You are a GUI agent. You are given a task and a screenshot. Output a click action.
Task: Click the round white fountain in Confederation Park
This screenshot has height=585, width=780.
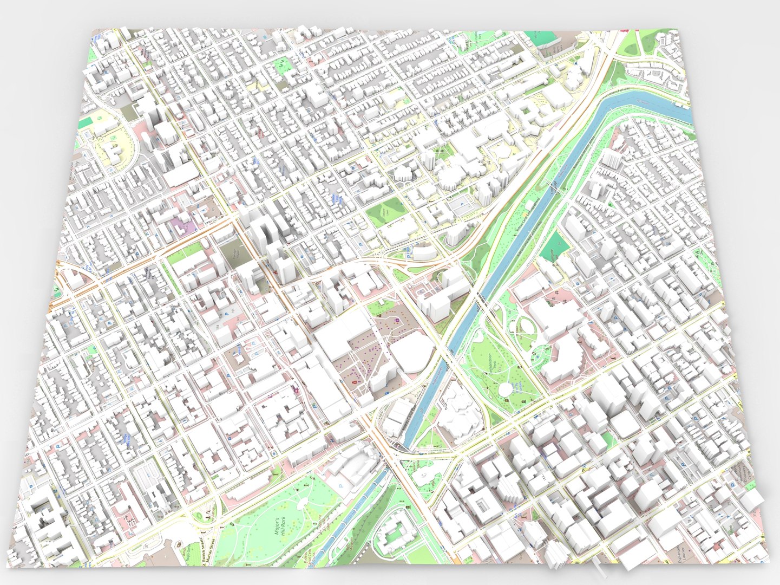[507, 388]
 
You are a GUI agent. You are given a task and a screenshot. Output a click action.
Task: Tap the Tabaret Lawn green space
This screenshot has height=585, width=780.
[385, 212]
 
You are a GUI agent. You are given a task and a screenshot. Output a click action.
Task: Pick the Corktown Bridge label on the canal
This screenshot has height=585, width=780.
[553, 187]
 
